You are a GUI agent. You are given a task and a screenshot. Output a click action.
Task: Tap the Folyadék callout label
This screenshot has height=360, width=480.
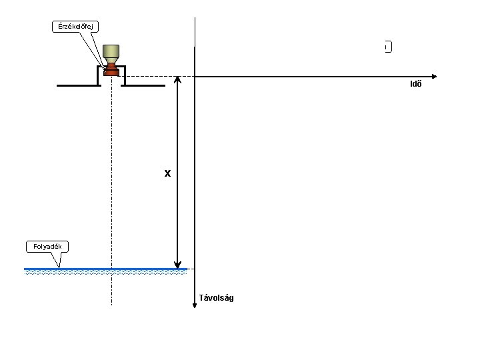click(x=47, y=247)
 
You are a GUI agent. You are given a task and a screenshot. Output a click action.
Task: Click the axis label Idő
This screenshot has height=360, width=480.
click(x=415, y=85)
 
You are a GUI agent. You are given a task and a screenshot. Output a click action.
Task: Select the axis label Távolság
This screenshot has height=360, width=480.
click(x=217, y=298)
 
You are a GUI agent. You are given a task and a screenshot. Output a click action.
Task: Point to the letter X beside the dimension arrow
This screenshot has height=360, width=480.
click(x=168, y=174)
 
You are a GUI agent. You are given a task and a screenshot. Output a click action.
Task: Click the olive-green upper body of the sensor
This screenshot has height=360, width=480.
click(x=111, y=52)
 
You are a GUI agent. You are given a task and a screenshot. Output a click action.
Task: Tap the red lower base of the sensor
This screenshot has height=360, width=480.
click(x=111, y=69)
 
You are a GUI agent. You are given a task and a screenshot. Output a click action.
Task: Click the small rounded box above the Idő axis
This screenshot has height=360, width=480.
click(x=388, y=47)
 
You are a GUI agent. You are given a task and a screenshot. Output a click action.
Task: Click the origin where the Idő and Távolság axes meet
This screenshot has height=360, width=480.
click(x=194, y=76)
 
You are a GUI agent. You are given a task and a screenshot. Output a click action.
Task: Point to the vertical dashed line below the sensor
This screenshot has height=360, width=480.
click(x=111, y=200)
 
